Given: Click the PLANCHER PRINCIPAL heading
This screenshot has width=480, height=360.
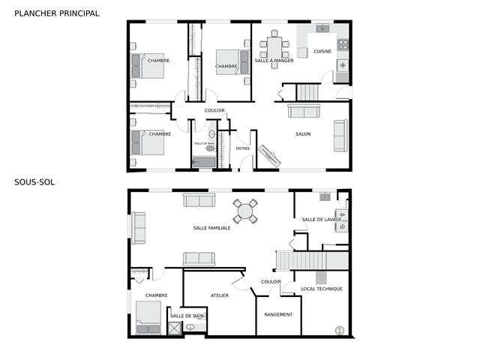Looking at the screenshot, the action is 57,13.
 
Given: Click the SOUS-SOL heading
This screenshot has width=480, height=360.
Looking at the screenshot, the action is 34,182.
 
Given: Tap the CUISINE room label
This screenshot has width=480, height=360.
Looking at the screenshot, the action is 322,52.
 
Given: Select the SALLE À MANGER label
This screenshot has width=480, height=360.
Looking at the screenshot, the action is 274,61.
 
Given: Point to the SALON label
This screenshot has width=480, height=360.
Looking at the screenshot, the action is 303,133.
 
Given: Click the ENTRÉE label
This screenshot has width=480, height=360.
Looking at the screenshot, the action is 243,148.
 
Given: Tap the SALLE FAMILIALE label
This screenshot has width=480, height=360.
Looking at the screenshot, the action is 211,228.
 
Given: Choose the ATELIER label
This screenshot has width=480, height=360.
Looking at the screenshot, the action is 220,295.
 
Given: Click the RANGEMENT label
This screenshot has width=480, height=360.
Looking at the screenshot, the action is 278,314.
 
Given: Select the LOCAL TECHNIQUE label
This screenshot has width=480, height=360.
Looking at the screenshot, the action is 322,289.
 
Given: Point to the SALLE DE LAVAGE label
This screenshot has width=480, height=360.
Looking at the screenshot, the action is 322,220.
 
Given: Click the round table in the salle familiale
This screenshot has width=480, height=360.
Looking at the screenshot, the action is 245,211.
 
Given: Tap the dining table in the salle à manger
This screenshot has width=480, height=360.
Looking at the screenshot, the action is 274,48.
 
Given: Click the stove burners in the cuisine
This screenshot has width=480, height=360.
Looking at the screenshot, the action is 343,45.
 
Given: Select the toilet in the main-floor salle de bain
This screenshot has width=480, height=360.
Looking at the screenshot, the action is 210,148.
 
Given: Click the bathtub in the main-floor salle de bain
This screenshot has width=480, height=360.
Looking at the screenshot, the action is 204,162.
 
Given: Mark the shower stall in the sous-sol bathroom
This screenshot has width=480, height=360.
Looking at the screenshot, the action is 174,328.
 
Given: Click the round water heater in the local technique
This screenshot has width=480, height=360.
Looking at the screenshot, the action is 340,330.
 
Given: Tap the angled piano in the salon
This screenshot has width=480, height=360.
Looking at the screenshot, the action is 269,156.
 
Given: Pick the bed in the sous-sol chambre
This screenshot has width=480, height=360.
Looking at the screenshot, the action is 148,317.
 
